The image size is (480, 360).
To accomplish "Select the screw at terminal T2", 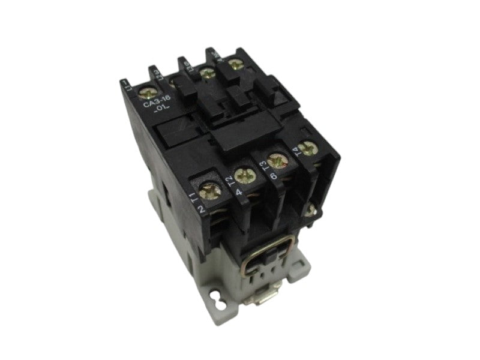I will point(245,175).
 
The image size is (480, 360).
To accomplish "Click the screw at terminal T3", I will point(277,160).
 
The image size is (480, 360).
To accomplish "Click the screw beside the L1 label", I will point(145,92).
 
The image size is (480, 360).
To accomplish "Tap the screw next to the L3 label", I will point(208,73).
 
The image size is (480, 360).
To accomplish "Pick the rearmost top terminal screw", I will point(233,61).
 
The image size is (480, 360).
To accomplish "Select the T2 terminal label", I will point(229,182).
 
